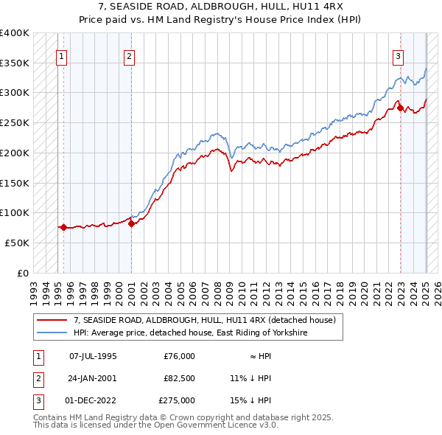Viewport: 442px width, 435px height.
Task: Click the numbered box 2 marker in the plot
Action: [x=129, y=55]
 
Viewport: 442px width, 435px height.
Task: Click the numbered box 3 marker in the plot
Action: [x=398, y=55]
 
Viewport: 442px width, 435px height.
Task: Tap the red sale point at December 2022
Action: [x=401, y=108]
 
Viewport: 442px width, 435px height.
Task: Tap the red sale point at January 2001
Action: [x=131, y=223]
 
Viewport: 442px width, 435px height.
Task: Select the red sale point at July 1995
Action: [x=63, y=227]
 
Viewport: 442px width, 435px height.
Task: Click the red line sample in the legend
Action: [x=53, y=320]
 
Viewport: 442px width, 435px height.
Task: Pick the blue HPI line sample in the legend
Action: [x=53, y=333]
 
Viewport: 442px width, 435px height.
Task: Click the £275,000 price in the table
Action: [x=177, y=400]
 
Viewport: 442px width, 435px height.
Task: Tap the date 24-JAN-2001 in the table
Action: [x=93, y=378]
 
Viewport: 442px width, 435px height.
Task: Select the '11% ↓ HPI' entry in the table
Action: [x=250, y=378]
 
